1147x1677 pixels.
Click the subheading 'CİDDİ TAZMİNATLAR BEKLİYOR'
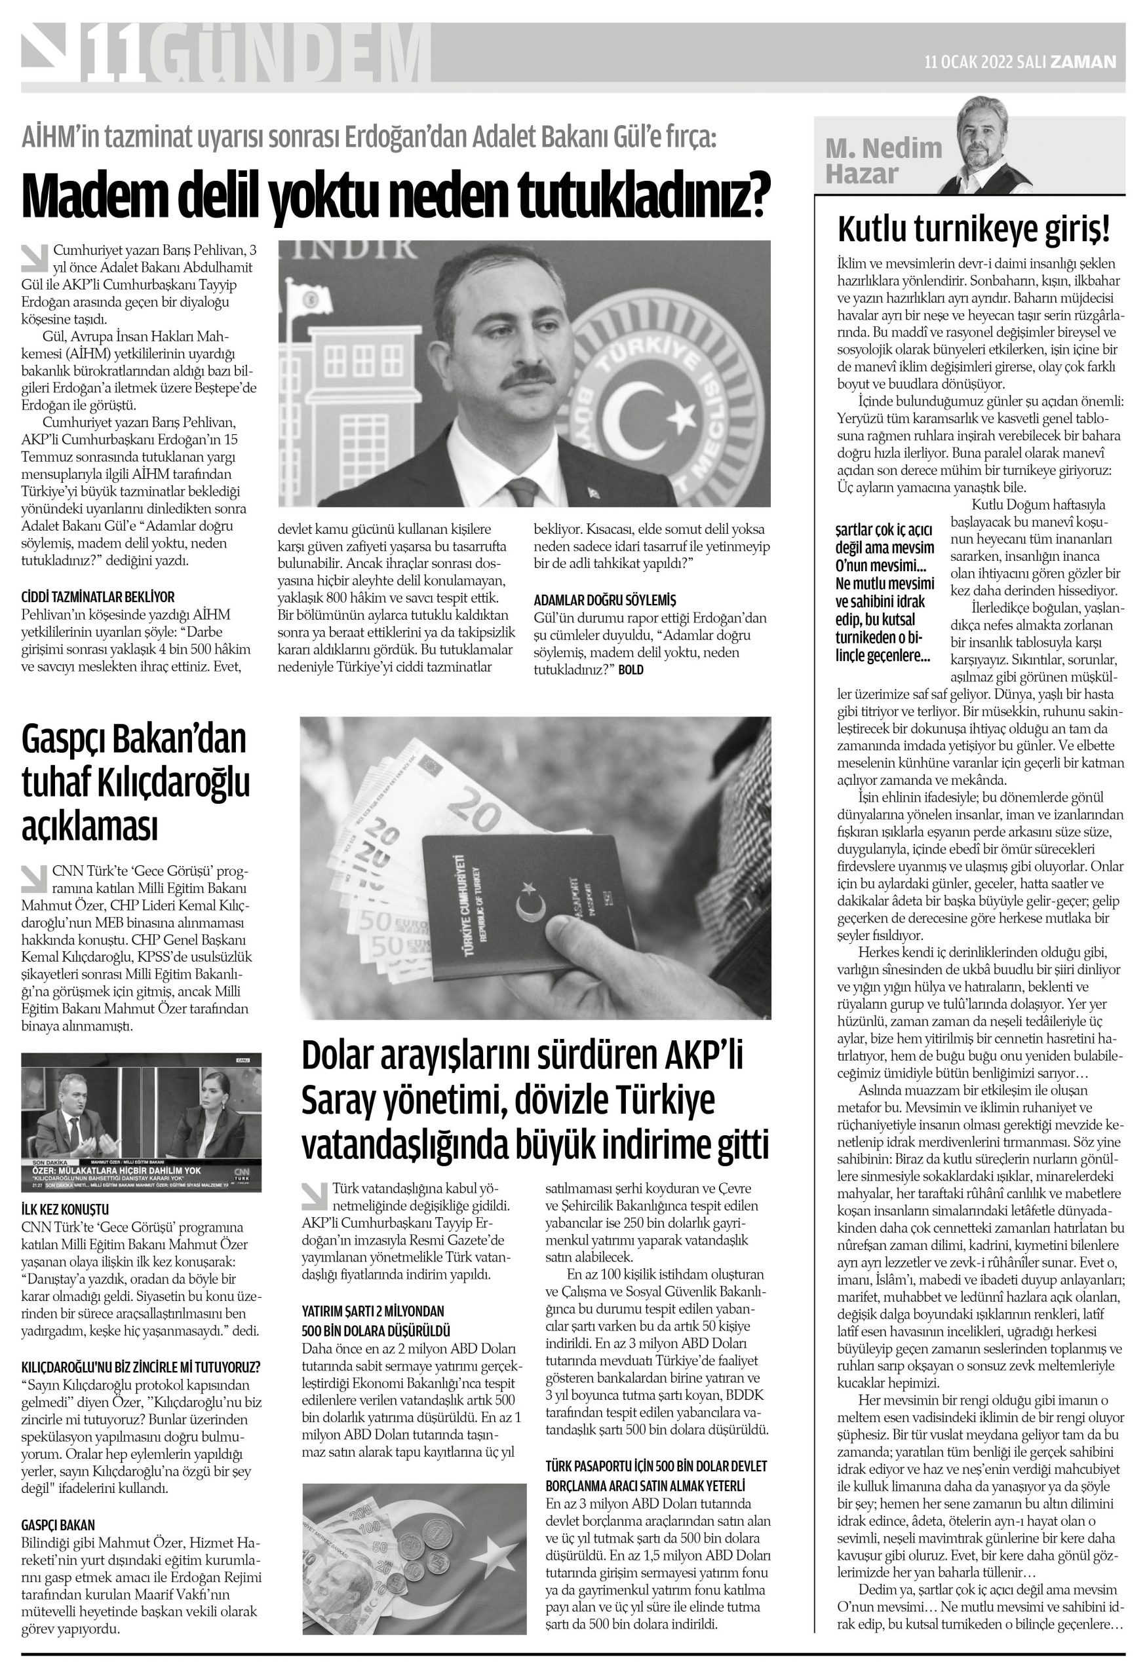pyautogui.click(x=98, y=597)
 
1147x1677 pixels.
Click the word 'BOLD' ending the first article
pyautogui.click(x=630, y=670)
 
